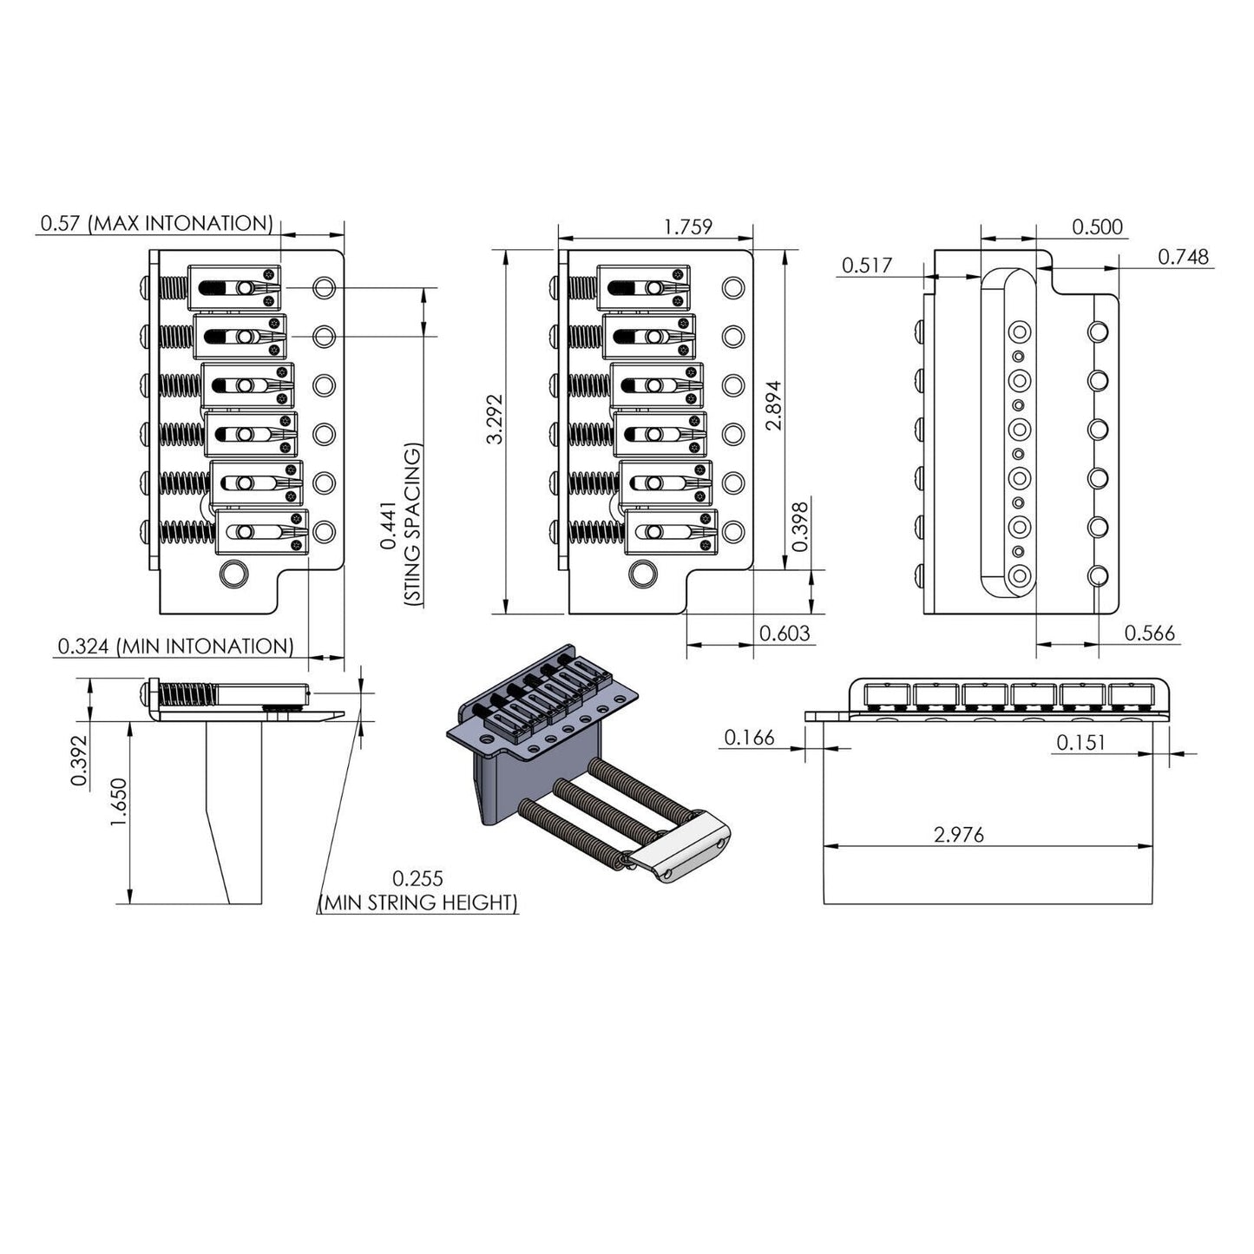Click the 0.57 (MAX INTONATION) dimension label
[x=156, y=223]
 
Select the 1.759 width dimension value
[x=687, y=227]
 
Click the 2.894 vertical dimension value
[x=775, y=405]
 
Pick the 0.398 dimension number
[x=801, y=525]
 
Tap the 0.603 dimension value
[x=785, y=634]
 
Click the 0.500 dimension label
[x=1097, y=227]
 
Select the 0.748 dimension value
[x=1183, y=257]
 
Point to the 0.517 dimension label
[x=866, y=266]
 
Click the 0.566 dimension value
[x=1150, y=634]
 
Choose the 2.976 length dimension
[x=959, y=835]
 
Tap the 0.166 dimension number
[x=749, y=738]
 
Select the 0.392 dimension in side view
[x=79, y=761]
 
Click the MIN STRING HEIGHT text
[x=419, y=903]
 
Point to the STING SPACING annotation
[x=413, y=524]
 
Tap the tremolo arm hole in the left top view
[x=232, y=574]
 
